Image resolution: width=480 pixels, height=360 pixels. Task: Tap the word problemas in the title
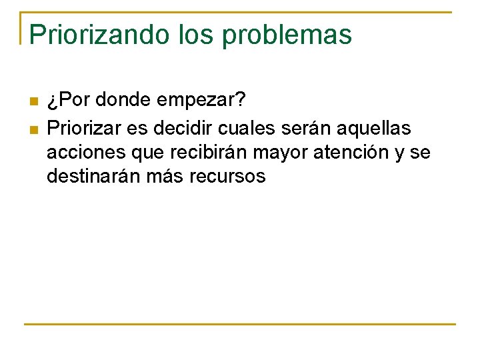coord(287,35)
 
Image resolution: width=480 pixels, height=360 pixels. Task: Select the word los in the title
coord(197,35)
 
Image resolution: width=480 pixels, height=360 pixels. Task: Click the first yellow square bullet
coord(34,102)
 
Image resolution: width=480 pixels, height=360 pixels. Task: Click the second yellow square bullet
coord(34,127)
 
